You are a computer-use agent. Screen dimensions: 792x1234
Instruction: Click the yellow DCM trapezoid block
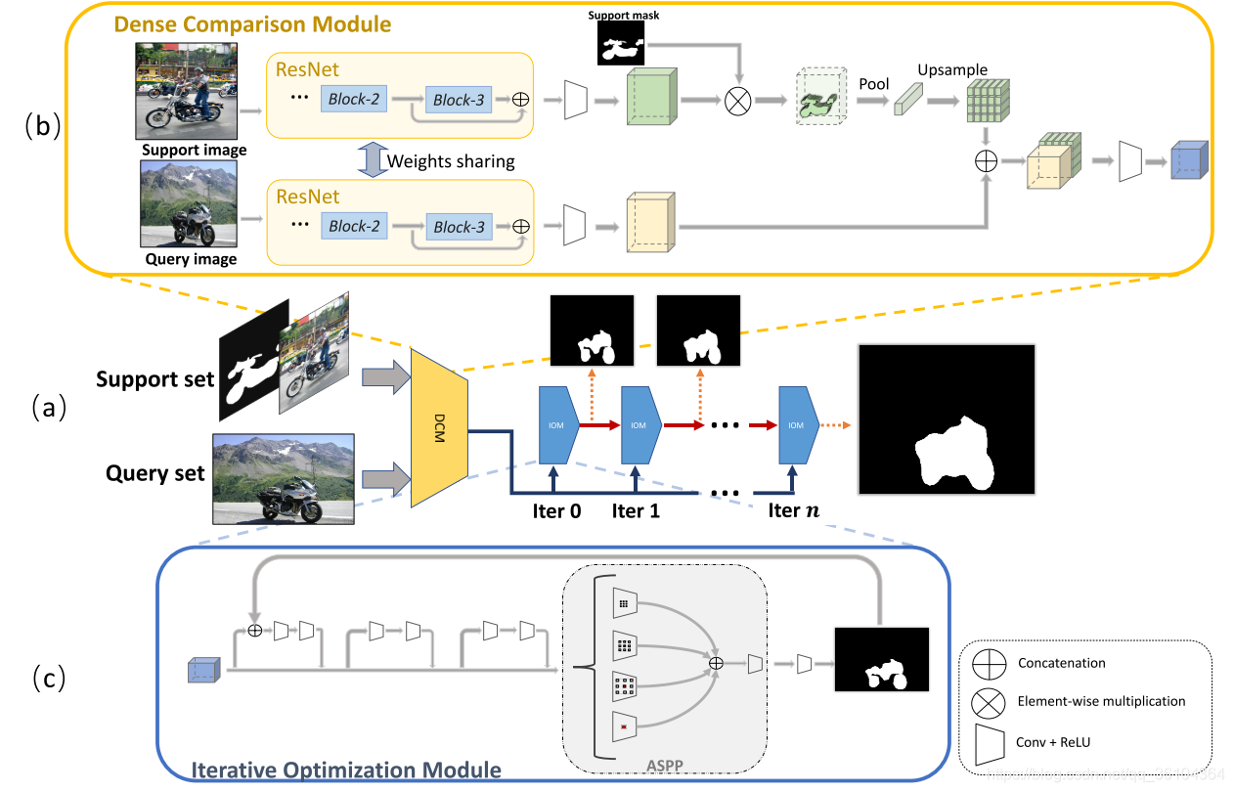(x=441, y=427)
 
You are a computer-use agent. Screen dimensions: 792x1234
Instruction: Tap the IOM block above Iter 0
(x=557, y=425)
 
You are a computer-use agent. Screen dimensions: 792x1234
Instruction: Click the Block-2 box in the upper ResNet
(x=353, y=100)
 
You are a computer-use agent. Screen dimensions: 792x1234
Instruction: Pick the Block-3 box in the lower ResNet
(x=459, y=226)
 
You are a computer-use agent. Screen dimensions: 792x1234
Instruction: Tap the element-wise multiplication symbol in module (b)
(x=738, y=99)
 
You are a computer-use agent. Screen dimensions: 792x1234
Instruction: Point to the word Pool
(x=873, y=84)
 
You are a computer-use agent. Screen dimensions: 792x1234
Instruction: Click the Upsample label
(x=951, y=70)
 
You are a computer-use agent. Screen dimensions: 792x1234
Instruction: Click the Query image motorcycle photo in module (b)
(x=188, y=205)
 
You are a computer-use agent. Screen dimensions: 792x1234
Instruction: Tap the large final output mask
(x=946, y=419)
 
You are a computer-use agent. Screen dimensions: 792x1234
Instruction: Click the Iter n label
(x=796, y=510)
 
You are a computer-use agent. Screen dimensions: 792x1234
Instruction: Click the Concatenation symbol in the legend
(x=990, y=663)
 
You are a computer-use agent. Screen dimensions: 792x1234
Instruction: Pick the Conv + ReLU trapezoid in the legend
(x=990, y=742)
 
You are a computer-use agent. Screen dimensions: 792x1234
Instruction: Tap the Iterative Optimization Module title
(x=346, y=770)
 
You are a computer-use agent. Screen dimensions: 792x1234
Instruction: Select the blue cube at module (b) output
(x=1188, y=161)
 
